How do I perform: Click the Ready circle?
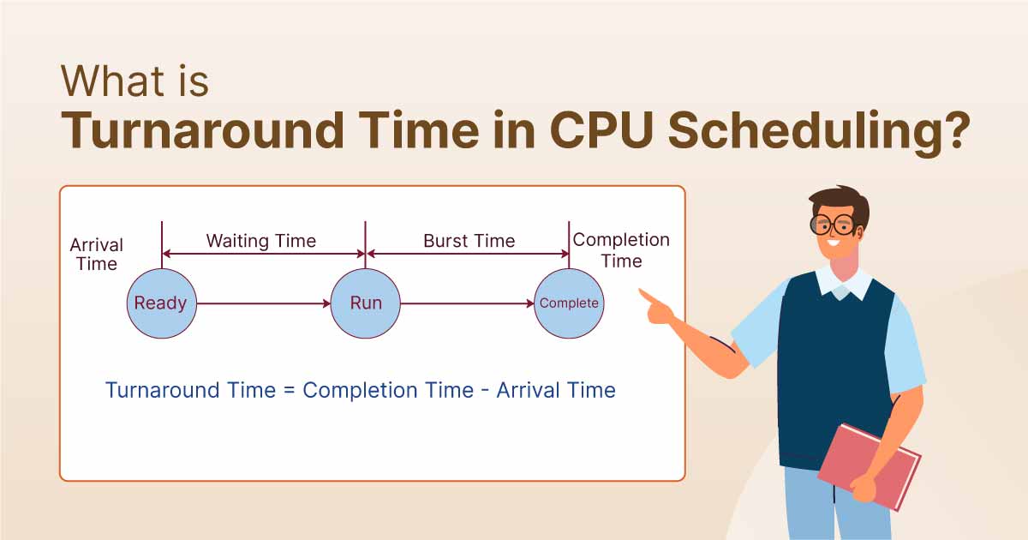pos(162,303)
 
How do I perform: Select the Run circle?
pos(365,303)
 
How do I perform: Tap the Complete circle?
pos(569,303)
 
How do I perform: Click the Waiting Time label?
pos(261,241)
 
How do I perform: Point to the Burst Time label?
pos(469,241)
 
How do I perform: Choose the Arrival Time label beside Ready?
pos(96,255)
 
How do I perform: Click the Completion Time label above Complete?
pos(621,250)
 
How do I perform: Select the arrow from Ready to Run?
pos(264,303)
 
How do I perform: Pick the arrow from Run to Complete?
pos(467,303)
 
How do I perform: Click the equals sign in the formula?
pos(290,391)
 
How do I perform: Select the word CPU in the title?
pos(601,130)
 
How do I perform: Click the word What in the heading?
pos(112,81)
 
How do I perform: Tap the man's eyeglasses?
pos(834,225)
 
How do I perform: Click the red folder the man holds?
pos(870,466)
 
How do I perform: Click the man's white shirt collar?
pos(844,282)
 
